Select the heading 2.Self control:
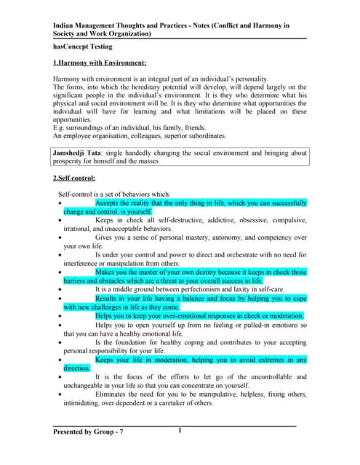pyautogui.click(x=74, y=178)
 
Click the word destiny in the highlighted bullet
pyautogui.click(x=198, y=272)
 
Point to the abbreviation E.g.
pyautogui.click(x=60, y=128)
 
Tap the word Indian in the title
pyautogui.click(x=67, y=25)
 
